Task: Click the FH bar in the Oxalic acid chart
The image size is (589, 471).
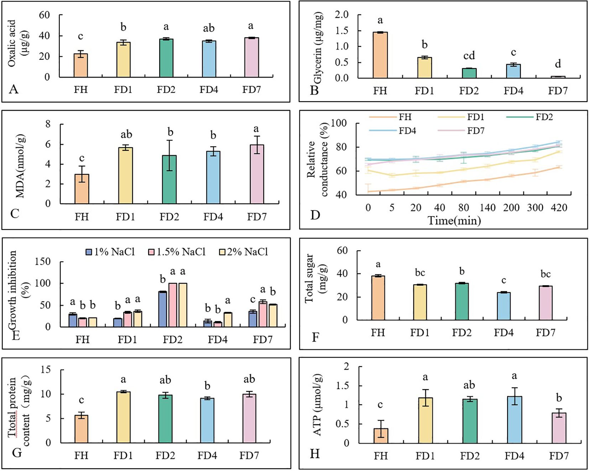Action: pos(80,66)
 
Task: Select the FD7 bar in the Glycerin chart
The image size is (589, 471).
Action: pos(558,77)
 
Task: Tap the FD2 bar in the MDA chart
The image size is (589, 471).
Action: pos(169,180)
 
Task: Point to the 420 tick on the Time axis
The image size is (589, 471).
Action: pos(559,208)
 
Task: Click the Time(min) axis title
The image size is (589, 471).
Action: pos(454,221)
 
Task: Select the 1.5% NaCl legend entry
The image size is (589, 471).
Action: pos(177,252)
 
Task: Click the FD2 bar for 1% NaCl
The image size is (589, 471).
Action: pos(163,309)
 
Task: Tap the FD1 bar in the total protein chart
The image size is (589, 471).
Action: pos(123,417)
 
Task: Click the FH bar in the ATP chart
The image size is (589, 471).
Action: pos(381,436)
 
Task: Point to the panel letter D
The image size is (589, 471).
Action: pos(315,215)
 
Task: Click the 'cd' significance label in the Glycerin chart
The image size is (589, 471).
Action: pos(469,56)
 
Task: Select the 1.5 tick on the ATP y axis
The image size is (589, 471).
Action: pos(343,386)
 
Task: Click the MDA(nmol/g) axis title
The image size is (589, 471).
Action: pos(20,166)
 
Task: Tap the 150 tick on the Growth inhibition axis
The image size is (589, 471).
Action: pos(43,262)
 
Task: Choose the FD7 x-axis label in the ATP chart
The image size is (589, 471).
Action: pos(559,456)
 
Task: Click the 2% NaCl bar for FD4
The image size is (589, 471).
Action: pos(228,320)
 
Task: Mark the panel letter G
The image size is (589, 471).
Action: pos(17,452)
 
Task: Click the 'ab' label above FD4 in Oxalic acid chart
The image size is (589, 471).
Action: pos(209,28)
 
